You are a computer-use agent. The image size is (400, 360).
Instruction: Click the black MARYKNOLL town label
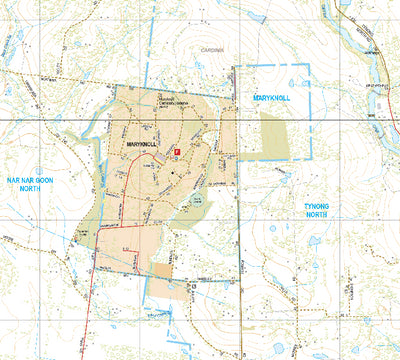[x=147, y=145]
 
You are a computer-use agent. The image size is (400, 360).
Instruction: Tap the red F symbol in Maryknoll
[x=177, y=151]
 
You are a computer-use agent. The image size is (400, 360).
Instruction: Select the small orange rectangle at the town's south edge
[x=161, y=270]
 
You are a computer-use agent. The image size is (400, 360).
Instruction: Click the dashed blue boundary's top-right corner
[x=310, y=65]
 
